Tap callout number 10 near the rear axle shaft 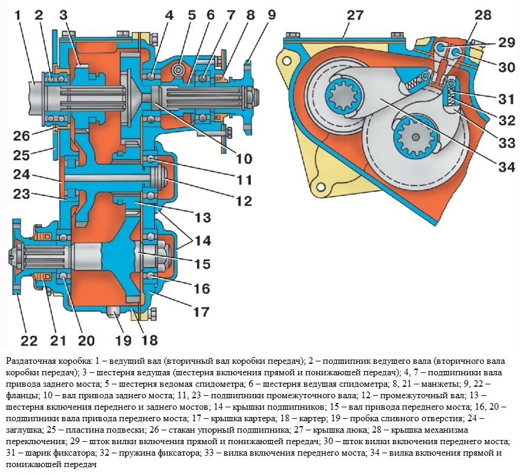[x=244, y=160]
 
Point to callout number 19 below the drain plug [x=123, y=339]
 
